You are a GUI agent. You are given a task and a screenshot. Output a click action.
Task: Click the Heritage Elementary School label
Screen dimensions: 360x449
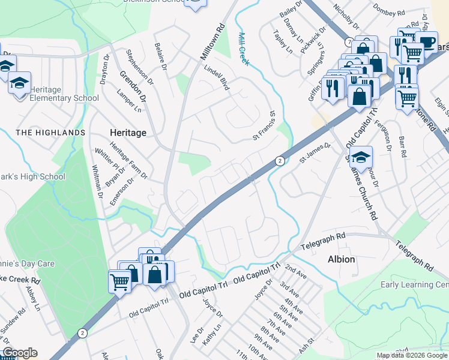click(64, 94)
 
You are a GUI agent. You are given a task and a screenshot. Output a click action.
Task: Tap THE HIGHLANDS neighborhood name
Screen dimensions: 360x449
click(50, 132)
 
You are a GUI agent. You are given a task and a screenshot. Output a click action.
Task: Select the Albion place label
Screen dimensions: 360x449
click(341, 259)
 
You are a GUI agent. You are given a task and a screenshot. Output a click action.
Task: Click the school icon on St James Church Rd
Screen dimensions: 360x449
click(361, 158)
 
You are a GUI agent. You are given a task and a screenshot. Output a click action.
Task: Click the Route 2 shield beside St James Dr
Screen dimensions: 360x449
click(280, 161)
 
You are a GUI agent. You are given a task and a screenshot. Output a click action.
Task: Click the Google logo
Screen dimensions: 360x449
click(19, 353)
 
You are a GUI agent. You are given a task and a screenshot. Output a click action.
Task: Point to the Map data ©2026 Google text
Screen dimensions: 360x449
click(411, 355)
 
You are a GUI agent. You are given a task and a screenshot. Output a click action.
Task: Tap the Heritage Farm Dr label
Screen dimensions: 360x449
click(128, 166)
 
